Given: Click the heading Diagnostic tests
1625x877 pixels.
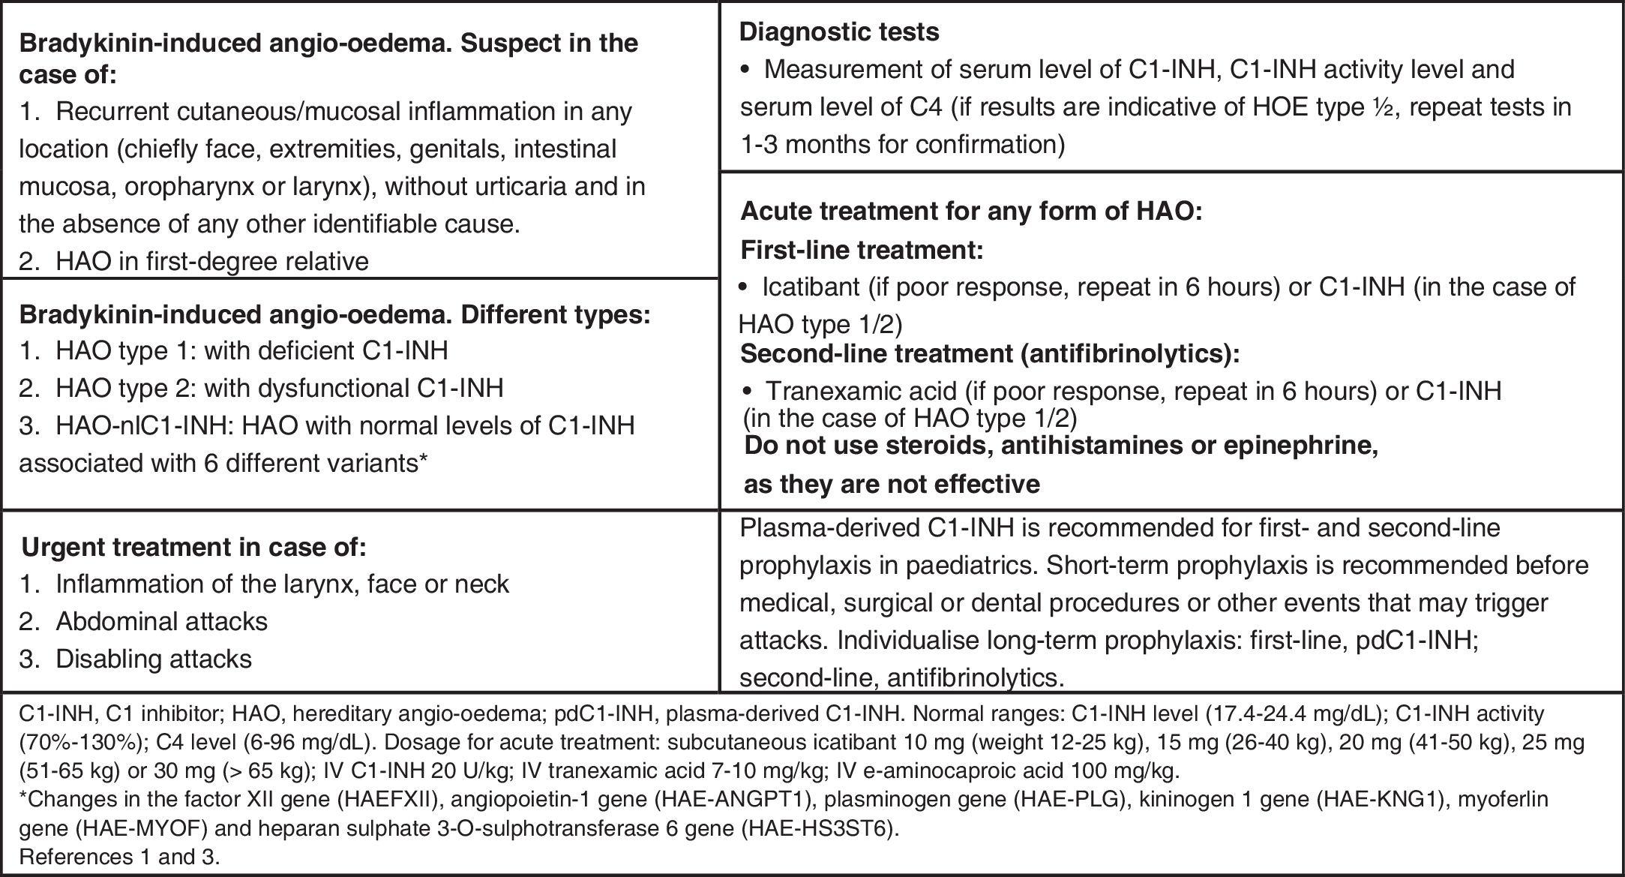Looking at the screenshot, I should point(839,32).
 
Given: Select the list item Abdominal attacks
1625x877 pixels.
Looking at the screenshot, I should point(161,621).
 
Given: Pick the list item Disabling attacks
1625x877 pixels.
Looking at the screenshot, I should point(153,659).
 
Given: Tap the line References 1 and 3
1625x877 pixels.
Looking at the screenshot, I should point(119,857).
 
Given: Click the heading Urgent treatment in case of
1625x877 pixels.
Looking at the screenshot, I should point(193,547).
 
